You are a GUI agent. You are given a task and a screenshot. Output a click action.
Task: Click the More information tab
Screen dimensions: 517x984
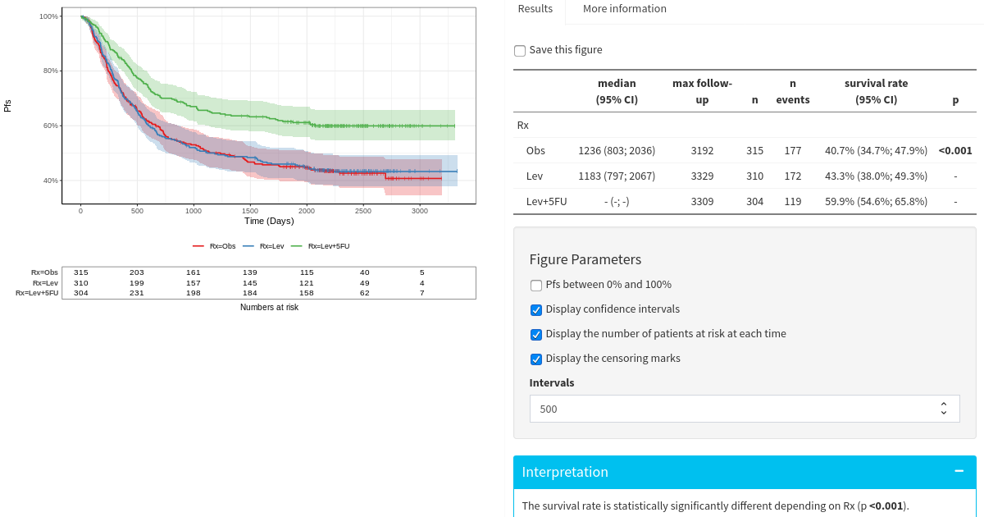[624, 9]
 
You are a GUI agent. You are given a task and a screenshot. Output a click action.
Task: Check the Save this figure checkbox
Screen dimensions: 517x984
[520, 51]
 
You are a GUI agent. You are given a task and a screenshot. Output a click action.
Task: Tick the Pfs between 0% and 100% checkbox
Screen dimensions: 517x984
[536, 286]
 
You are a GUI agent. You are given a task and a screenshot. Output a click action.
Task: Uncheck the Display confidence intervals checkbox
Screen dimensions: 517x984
[536, 310]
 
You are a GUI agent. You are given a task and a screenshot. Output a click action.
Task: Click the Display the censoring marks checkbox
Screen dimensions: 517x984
[536, 359]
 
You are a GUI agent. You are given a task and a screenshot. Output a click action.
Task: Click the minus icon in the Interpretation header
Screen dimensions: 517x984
[959, 471]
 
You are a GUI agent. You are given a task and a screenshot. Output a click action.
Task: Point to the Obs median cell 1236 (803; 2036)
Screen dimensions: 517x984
[617, 151]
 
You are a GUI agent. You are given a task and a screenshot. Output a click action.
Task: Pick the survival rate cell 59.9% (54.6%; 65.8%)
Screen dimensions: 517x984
[876, 202]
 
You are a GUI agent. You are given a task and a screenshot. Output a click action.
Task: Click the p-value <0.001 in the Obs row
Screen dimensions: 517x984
[954, 151]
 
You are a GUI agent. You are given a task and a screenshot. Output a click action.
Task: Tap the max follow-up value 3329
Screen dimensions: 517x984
[702, 176]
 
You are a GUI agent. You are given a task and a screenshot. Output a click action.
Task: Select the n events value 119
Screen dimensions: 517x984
[792, 202]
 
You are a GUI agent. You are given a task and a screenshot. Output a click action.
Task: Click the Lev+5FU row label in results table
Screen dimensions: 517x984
[546, 202]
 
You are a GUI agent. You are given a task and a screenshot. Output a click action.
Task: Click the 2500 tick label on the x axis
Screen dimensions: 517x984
[363, 211]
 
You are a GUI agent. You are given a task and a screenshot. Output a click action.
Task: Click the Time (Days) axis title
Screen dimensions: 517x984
[269, 222]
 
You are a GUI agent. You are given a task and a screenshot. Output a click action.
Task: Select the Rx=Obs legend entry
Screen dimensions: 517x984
[215, 246]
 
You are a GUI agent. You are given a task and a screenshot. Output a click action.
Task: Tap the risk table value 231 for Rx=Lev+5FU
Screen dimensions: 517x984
[137, 293]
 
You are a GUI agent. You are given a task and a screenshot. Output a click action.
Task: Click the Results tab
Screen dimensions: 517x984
[535, 9]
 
